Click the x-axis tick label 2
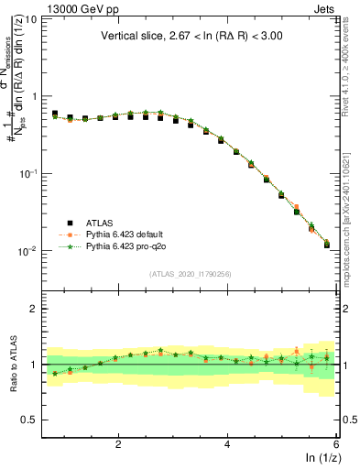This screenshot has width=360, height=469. coord(118,444)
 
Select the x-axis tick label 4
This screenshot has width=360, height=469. coord(227,444)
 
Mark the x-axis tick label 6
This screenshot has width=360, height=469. coord(335,444)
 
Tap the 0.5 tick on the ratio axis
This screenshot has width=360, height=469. coord(29,420)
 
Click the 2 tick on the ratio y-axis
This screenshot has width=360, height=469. coord(33,309)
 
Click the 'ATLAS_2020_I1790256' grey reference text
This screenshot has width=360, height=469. coord(191,274)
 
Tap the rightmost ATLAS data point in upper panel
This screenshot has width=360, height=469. coord(327,245)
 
